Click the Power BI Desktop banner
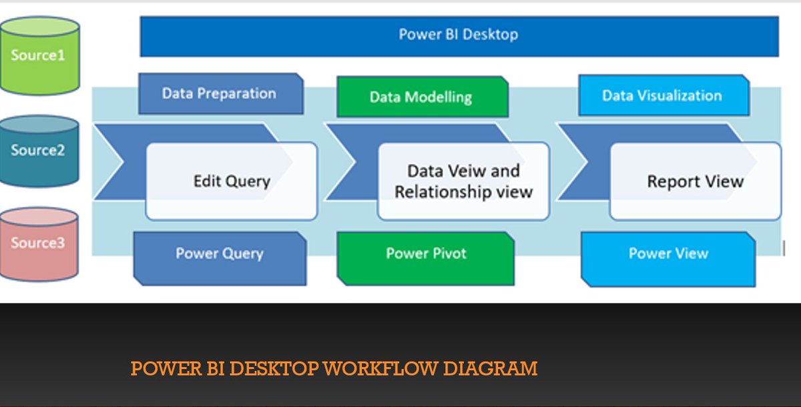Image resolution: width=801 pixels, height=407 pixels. (459, 35)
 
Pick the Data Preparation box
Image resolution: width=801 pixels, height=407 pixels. (220, 93)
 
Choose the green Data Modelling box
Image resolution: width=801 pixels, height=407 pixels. (421, 97)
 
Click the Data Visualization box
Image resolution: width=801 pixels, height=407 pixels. (662, 95)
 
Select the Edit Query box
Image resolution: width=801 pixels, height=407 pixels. (232, 181)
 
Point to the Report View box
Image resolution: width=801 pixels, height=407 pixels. (695, 181)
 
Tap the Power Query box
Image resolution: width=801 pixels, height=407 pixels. (220, 254)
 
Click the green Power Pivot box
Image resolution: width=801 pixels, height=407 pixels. (426, 254)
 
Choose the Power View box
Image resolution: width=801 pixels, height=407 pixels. (668, 254)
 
